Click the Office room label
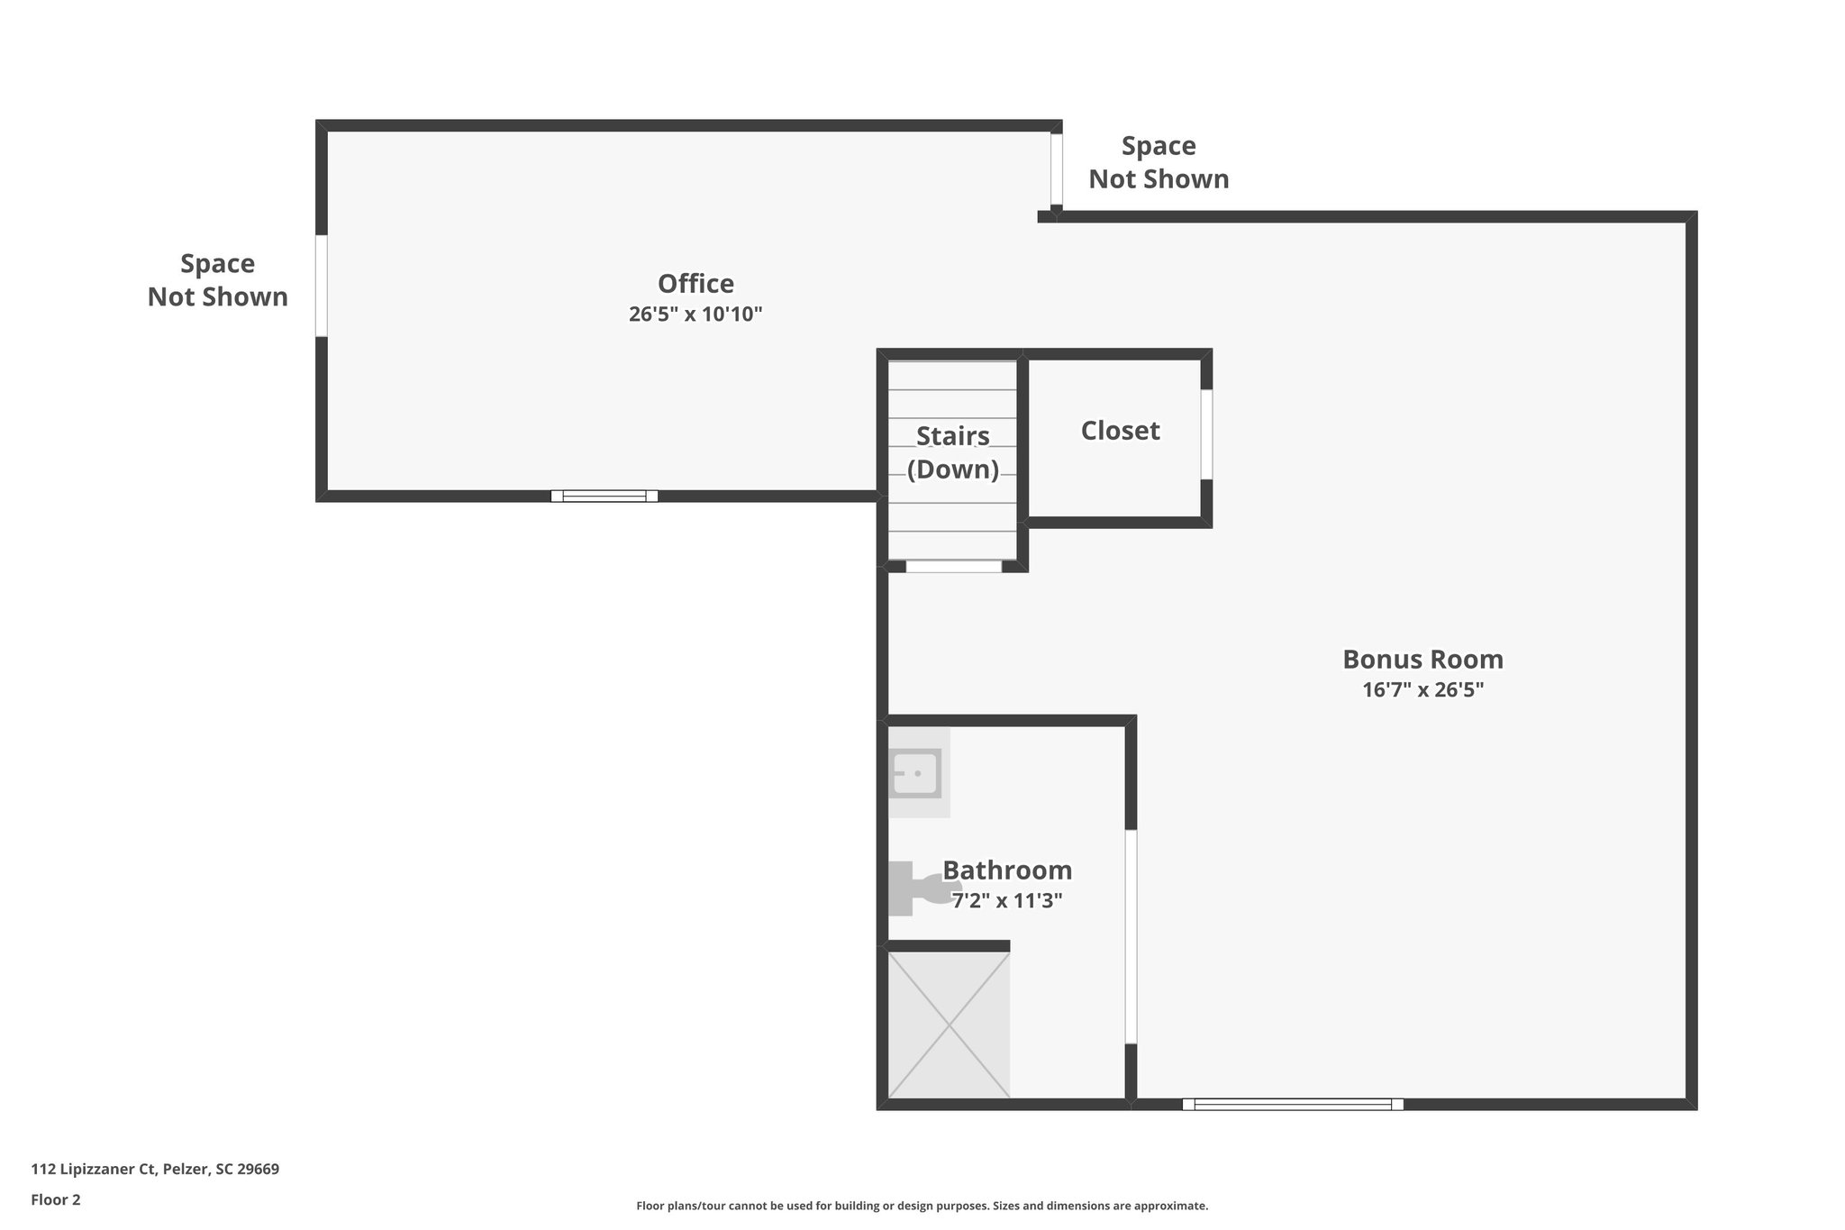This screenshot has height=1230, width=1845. [695, 284]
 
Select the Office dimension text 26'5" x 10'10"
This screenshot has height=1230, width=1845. [695, 314]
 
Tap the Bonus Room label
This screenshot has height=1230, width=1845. [1422, 660]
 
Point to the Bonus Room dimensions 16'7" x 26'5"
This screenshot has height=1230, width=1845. [1422, 690]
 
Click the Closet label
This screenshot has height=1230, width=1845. [1120, 431]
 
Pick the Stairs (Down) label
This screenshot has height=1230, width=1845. [953, 452]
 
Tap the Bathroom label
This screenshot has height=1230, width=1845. [1007, 870]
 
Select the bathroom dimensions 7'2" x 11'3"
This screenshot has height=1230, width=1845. [1007, 900]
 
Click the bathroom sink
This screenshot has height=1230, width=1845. [916, 773]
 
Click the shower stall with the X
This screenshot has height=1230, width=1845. [949, 1025]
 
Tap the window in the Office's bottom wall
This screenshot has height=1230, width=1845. [604, 496]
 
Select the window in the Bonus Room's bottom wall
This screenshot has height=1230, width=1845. [1293, 1104]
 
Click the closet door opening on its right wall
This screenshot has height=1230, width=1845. [1206, 434]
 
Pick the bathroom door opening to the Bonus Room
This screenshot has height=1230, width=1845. [1131, 936]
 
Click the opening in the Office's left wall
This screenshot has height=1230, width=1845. [321, 286]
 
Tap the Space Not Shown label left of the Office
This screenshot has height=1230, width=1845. [218, 280]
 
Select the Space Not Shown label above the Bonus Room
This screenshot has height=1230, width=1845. [1159, 163]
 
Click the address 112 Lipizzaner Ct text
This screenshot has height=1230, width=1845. [155, 1170]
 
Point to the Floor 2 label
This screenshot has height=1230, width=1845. [56, 1199]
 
